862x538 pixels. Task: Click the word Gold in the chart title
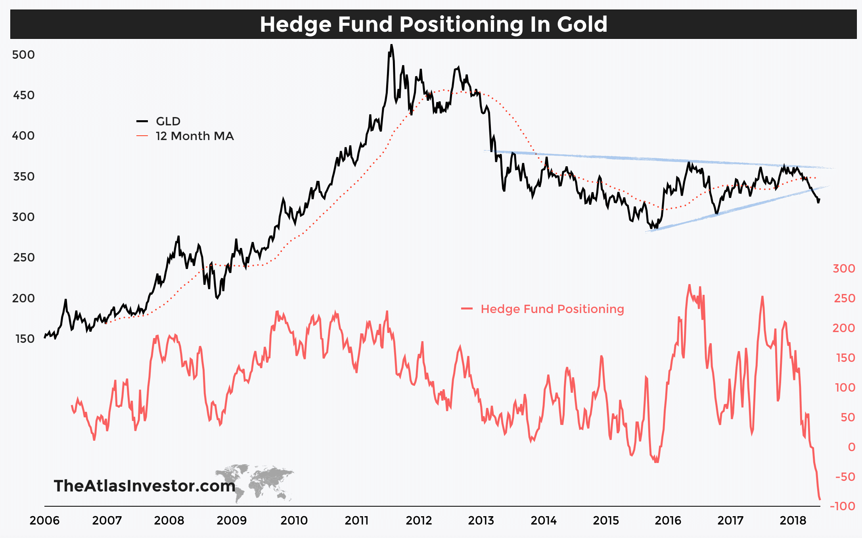coord(582,24)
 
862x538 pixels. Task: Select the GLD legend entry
coord(168,121)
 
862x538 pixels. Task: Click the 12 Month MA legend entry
coord(194,136)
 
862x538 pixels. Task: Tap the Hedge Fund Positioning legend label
coord(552,309)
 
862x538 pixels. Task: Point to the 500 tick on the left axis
coord(23,55)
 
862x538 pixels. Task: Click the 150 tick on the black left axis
coord(25,339)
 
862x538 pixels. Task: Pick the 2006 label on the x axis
coord(44,521)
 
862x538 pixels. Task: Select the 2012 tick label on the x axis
coord(419,521)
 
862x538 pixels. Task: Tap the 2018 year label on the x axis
coord(793,521)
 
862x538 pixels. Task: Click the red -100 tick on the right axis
coord(843,506)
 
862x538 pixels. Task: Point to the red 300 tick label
coord(844,269)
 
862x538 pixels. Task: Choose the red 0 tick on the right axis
coord(851,447)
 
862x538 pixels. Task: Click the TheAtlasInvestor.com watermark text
coord(145,486)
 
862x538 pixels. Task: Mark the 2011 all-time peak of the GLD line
coord(391,45)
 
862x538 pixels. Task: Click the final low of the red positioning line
coord(820,499)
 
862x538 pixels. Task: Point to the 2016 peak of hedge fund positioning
coord(690,285)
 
